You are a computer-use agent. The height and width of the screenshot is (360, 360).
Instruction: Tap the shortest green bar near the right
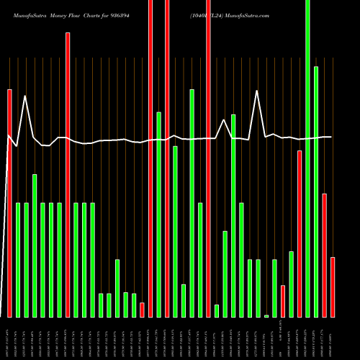tap(266, 315)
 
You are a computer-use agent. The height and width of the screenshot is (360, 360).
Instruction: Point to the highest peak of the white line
tap(258, 91)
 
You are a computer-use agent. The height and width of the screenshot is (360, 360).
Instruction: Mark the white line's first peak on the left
tap(26, 96)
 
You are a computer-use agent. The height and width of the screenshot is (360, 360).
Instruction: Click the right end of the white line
tap(331, 137)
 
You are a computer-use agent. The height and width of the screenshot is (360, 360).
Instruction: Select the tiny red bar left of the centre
tap(142, 310)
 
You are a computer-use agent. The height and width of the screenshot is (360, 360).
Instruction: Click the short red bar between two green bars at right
tap(283, 301)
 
